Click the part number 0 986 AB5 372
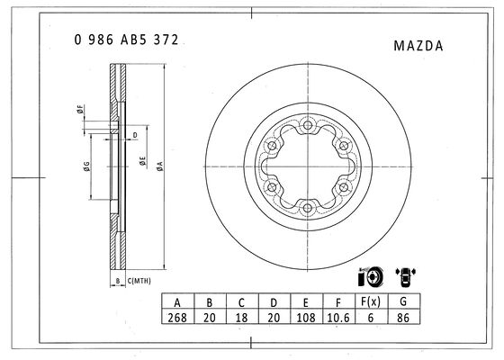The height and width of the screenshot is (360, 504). pyautogui.click(x=126, y=40)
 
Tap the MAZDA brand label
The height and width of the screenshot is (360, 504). pyautogui.click(x=418, y=46)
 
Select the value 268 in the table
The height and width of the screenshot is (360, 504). pyautogui.click(x=177, y=318)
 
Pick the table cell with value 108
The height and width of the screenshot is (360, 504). pyautogui.click(x=306, y=318)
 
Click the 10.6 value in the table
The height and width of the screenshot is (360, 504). pyautogui.click(x=338, y=318)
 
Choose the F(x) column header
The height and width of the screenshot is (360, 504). pyautogui.click(x=371, y=301)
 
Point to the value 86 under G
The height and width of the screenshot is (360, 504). pyautogui.click(x=403, y=318)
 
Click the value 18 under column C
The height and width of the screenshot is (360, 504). pyautogui.click(x=241, y=318)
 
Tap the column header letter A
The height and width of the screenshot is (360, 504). pyautogui.click(x=177, y=302)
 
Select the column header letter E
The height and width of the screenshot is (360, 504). pyautogui.click(x=306, y=302)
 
